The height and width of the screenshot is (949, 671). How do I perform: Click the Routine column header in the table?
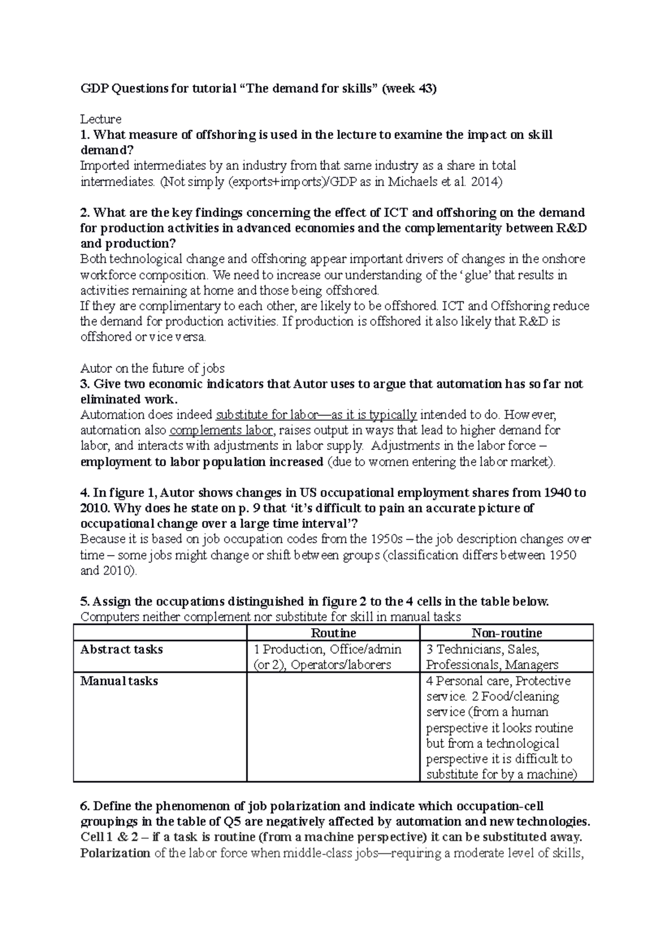coord(333,633)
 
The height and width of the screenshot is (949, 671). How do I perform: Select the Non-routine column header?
coord(507,633)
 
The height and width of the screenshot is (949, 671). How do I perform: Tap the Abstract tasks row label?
coord(121,649)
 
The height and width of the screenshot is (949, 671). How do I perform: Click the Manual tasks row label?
coord(119,681)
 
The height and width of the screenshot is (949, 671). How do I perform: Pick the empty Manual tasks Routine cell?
coord(333,727)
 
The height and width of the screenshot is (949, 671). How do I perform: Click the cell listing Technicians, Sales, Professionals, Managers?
coord(492,657)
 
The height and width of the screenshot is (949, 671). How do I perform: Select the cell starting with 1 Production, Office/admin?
coord(327,657)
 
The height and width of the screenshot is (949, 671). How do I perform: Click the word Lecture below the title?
coord(101,119)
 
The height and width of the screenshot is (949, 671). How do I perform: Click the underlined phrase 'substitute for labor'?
coord(266,415)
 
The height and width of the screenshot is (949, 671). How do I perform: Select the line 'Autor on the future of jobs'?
coord(153,368)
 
